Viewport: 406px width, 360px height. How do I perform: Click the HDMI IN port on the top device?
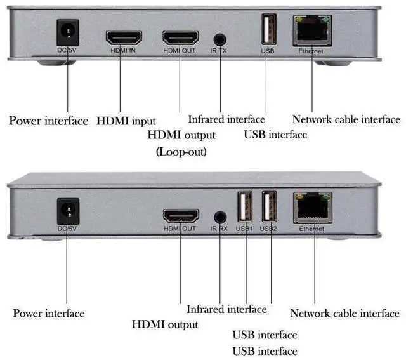124,37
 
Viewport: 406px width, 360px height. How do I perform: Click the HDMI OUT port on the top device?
180,37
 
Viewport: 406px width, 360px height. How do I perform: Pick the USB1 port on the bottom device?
245,207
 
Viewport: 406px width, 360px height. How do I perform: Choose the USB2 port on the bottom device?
270,207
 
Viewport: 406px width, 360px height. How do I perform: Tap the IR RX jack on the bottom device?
220,217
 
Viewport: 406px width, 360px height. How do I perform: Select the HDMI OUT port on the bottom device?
181,215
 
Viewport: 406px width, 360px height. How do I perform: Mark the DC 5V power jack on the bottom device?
66,210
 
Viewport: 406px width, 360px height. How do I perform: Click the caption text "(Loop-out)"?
181,152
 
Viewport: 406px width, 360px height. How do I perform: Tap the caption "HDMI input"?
126,121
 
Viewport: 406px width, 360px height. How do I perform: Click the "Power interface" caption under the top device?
48,121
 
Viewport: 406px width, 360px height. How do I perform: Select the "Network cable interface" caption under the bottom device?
344,313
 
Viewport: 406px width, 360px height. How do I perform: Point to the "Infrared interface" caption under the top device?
226,119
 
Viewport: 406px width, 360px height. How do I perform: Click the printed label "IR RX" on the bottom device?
219,229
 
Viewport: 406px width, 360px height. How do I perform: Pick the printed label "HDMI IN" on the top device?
124,50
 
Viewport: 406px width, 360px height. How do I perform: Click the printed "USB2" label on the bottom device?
269,228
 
